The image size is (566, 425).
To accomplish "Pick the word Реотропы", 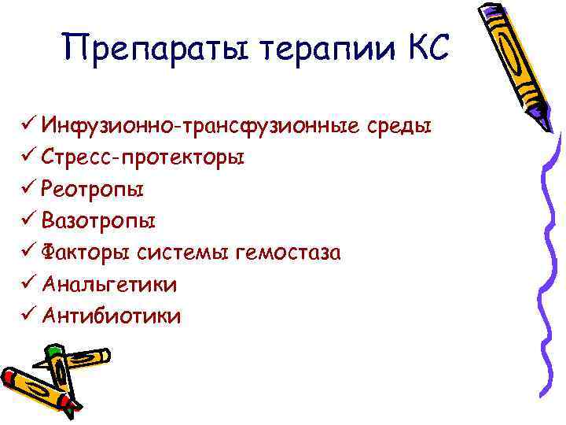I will pos(94,190).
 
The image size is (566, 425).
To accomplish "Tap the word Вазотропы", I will pos(99,221).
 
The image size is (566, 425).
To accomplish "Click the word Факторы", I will pos(86,253).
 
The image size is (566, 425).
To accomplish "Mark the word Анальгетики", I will pos(110,284).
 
